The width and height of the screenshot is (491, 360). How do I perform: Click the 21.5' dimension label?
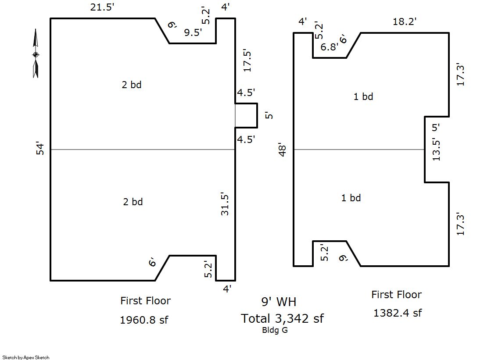pos(102,7)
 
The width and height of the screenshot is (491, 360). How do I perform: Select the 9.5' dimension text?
pos(193,32)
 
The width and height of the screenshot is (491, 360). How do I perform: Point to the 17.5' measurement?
pos(247,61)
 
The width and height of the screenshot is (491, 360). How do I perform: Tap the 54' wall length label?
pos(40,148)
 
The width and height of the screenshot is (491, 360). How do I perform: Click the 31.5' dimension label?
pos(225,204)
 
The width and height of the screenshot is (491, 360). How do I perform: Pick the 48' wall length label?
pos(283,150)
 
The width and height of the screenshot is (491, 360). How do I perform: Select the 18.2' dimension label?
pos(405,21)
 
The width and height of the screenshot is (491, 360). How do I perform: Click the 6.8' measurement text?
pos(330,47)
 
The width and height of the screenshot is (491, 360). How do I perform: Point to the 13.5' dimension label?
pos(436,150)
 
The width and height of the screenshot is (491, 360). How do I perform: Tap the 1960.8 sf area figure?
pos(144,320)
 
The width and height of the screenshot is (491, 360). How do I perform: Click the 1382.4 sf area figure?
pos(398,313)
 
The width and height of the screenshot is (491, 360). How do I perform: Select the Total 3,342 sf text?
pos(282,318)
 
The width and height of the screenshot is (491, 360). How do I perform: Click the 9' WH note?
pos(279,302)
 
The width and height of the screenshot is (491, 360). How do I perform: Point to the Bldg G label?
pos(275,330)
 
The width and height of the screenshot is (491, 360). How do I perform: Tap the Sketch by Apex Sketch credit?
pos(26,357)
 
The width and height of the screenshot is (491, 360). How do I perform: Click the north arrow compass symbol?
pos(36,53)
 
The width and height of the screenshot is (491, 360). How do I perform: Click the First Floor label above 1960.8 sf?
pos(146,301)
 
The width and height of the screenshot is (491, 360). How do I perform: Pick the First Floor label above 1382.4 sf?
pos(396,295)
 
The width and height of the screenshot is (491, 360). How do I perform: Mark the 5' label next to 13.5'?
pos(436,128)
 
